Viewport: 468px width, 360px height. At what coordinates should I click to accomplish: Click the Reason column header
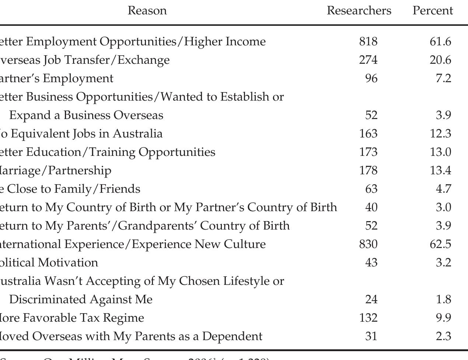coord(147,11)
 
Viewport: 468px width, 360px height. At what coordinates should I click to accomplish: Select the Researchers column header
coord(359,11)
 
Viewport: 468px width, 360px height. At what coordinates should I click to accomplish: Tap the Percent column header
coord(433,11)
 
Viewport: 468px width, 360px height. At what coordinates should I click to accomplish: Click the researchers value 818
coord(368,42)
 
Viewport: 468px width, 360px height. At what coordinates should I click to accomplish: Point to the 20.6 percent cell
coord(440,60)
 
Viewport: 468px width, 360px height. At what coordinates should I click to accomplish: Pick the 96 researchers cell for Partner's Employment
coord(371,78)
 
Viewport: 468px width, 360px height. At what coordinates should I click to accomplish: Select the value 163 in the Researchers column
coord(368,134)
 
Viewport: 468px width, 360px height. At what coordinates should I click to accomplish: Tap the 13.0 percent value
coord(440,152)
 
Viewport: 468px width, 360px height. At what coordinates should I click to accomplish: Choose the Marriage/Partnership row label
coord(55,171)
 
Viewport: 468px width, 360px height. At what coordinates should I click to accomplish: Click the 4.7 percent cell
coord(443,189)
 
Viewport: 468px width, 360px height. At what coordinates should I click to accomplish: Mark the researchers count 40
coord(371,207)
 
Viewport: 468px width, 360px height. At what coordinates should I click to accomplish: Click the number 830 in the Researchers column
coord(368,244)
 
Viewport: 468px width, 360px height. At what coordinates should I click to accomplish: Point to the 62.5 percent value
coord(440,244)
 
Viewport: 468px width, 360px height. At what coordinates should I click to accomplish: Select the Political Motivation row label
coord(49,263)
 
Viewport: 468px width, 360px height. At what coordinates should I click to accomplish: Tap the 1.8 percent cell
coord(443,300)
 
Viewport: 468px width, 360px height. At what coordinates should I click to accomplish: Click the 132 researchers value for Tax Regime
coord(368,318)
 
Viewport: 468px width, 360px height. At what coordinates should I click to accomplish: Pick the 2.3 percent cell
coord(443,336)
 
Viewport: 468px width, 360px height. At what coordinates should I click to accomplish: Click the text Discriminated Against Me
coord(81,300)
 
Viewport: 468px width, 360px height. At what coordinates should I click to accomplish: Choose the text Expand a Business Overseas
coord(86,115)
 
